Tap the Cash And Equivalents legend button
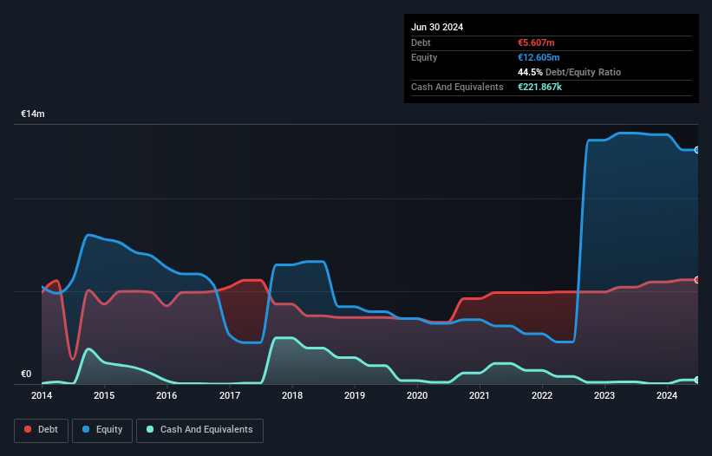(199, 430)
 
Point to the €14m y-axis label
(33, 114)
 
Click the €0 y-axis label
(26, 375)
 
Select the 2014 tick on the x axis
(42, 396)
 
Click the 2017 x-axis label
(230, 396)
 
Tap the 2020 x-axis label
(417, 396)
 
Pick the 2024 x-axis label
(667, 396)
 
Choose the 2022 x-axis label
(542, 396)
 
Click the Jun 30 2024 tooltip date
(437, 27)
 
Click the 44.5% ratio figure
(531, 72)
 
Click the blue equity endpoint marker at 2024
(697, 150)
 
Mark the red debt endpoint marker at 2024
(697, 280)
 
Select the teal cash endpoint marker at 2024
(697, 381)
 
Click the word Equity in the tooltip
(424, 57)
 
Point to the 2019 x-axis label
(355, 396)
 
